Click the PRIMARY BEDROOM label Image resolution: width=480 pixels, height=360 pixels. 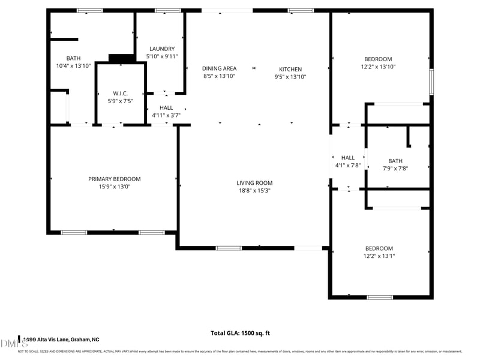[x=115, y=179]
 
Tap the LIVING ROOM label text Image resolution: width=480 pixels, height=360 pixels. [x=254, y=183]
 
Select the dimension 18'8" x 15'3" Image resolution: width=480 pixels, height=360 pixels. [x=254, y=191]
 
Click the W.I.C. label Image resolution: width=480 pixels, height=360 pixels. [x=121, y=93]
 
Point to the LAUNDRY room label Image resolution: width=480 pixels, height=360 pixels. [x=162, y=49]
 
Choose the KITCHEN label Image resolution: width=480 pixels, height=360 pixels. [x=290, y=69]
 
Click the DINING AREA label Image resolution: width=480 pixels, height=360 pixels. [x=219, y=68]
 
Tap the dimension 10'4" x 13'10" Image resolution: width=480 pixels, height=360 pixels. [x=73, y=65]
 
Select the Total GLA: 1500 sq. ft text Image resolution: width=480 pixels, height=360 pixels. [x=240, y=333]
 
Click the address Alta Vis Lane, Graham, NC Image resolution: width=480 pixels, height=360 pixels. [x=60, y=340]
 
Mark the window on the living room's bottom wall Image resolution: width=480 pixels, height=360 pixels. [x=229, y=248]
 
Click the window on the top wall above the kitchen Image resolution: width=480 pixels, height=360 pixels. [x=301, y=10]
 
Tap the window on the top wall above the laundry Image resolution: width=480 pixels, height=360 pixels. [x=168, y=10]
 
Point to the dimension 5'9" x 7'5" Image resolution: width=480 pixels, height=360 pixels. [x=121, y=101]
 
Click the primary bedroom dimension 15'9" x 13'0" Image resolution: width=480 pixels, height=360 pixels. [x=115, y=187]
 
